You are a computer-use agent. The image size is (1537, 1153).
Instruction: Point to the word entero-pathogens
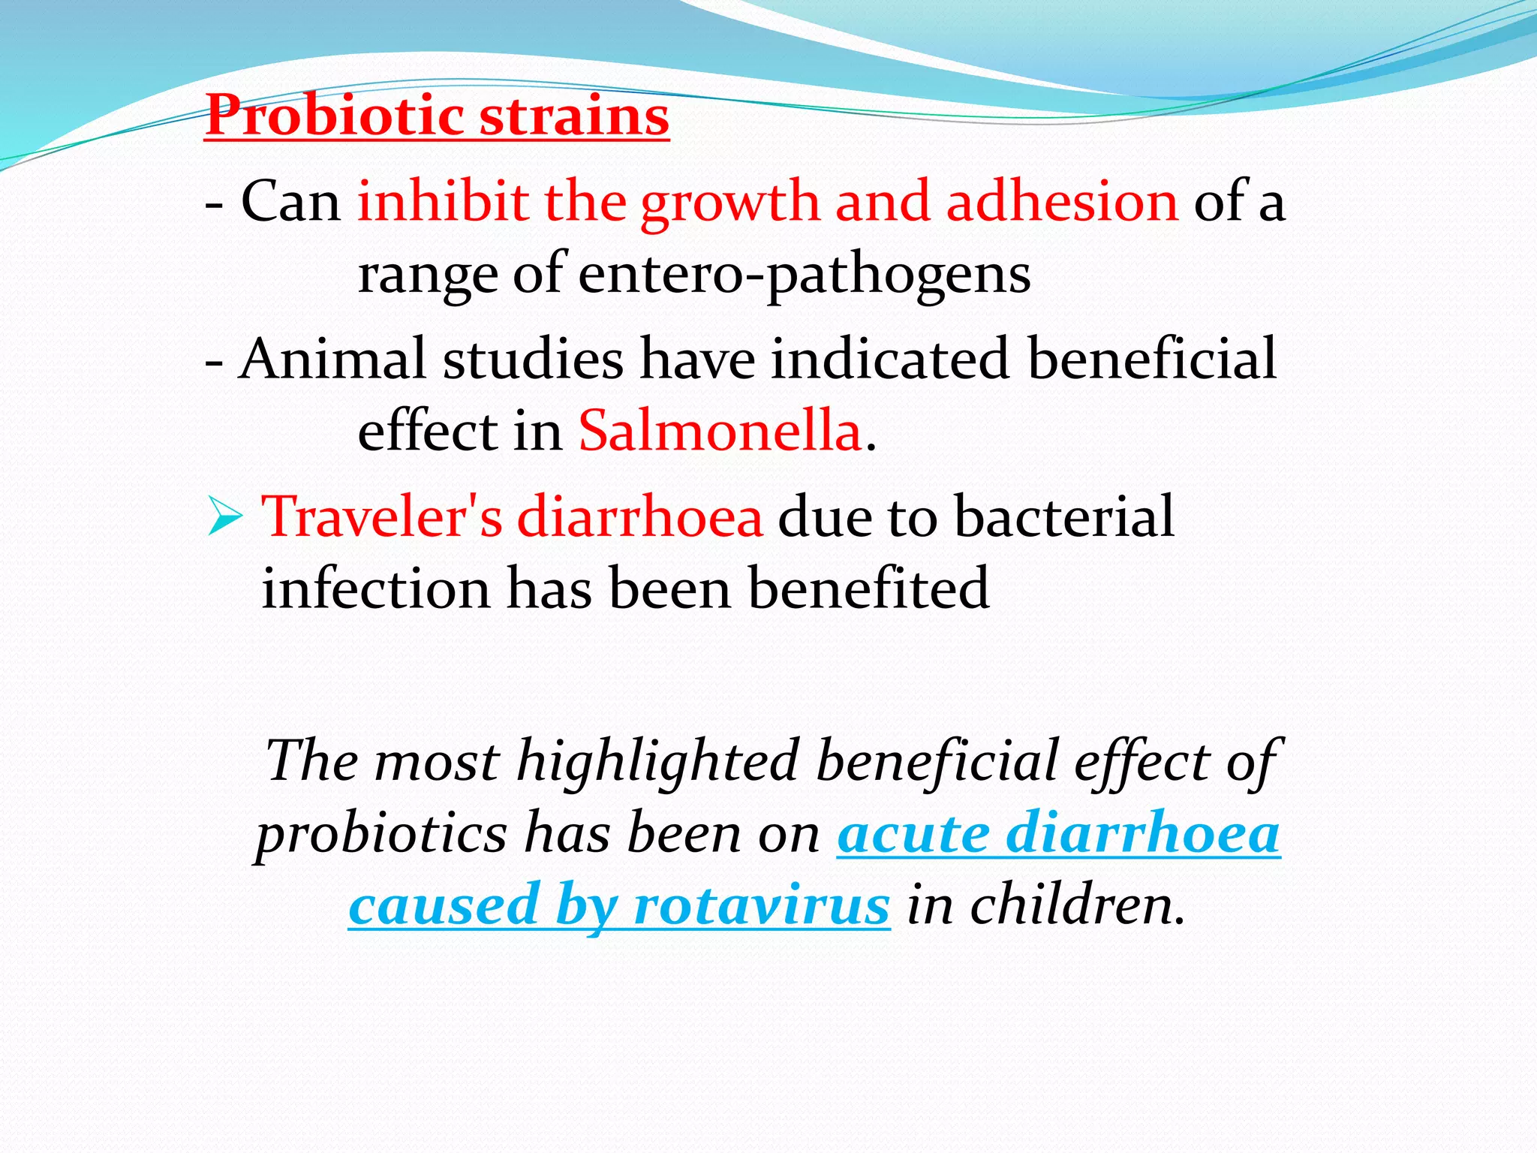[804, 275]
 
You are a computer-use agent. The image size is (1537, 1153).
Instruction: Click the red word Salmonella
[720, 431]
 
